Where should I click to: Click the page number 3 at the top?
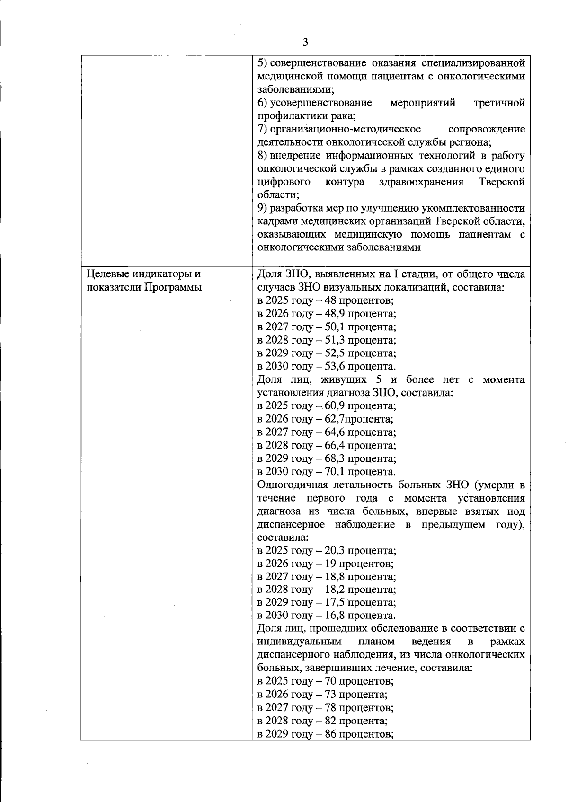click(305, 43)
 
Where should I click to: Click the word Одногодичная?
click(293, 485)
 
